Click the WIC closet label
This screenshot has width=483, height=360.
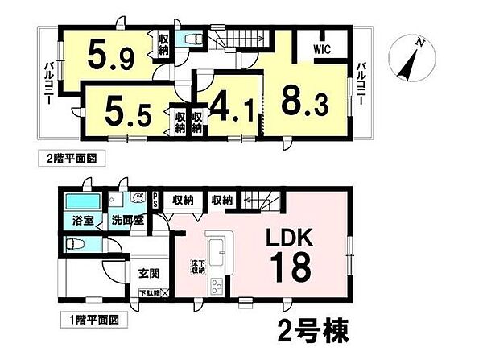click(324, 48)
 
